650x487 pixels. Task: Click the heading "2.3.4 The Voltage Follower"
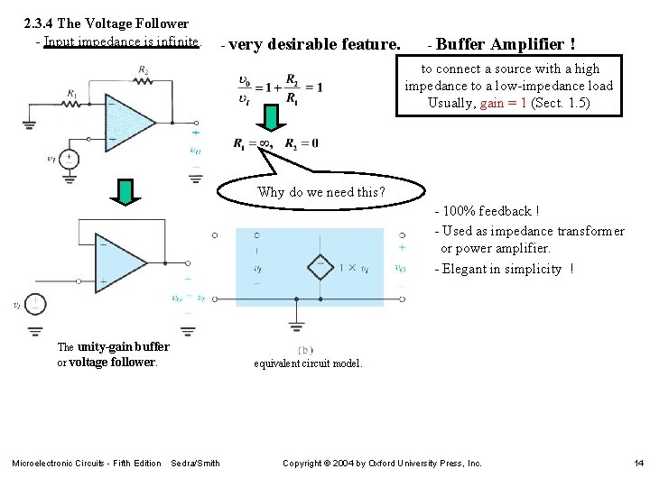pos(107,23)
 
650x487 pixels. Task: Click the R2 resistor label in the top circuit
pos(144,70)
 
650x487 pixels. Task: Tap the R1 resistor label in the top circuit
pos(71,93)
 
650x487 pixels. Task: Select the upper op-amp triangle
pos(131,126)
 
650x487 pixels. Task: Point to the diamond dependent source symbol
pos(319,268)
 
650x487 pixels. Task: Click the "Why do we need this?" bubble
pos(320,192)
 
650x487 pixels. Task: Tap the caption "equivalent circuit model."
pos(308,363)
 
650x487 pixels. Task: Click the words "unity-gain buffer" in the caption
pos(123,346)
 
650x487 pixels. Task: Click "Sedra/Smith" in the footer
pos(195,464)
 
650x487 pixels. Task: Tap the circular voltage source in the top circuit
pos(69,160)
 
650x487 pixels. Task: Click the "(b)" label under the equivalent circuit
pos(304,350)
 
